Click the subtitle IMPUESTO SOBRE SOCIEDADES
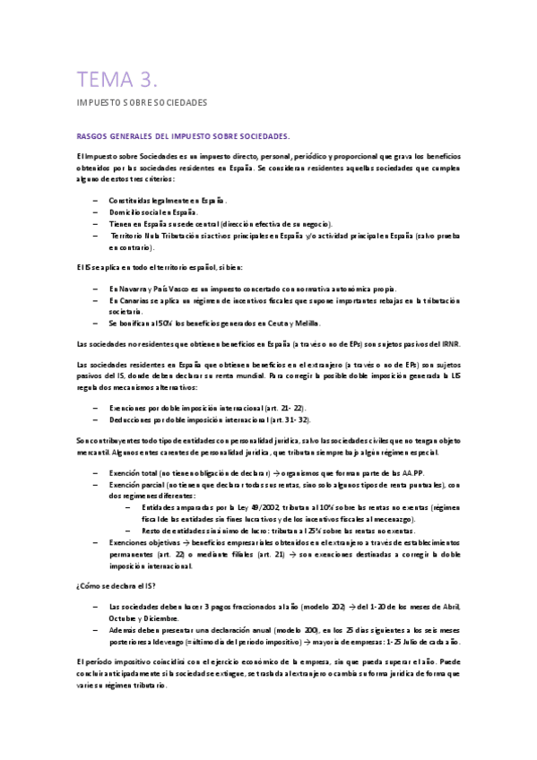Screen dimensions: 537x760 pos(142,103)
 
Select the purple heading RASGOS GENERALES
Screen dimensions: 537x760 pos(184,135)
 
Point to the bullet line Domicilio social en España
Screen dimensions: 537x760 pos(153,212)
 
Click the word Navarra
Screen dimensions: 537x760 pos(137,289)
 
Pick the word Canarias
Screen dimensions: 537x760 pos(139,300)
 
